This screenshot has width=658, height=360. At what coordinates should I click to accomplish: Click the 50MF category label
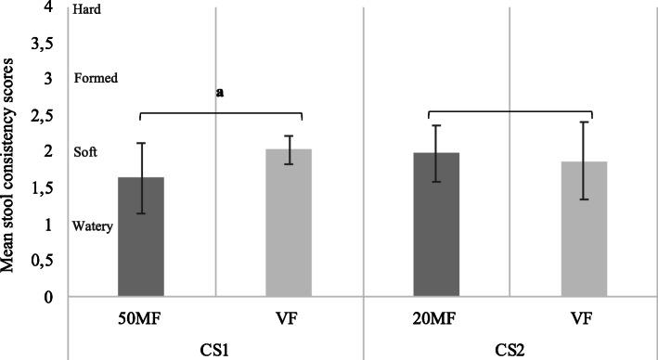point(141,316)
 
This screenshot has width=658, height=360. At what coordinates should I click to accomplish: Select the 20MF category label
point(436,316)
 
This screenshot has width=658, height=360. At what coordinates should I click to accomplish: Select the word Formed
point(95,79)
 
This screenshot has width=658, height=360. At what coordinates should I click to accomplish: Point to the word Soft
point(85,152)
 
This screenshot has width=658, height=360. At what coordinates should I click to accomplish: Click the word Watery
point(93,225)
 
